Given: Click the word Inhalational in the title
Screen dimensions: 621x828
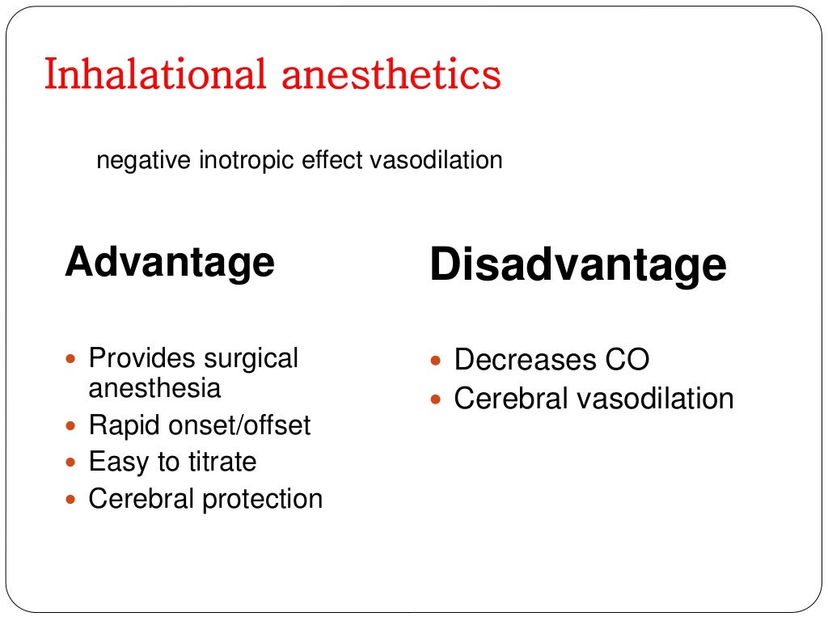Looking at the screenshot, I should point(154,74).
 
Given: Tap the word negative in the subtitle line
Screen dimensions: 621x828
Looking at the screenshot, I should point(144,160).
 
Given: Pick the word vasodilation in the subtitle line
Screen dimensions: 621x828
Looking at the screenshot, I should point(436,160).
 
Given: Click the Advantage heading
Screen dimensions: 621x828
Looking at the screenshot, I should point(170,262).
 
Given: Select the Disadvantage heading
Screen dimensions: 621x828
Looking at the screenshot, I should point(578,265).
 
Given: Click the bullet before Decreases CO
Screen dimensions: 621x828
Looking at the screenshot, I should point(437,360).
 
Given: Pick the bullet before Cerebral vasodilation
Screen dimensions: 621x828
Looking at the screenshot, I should point(437,399).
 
